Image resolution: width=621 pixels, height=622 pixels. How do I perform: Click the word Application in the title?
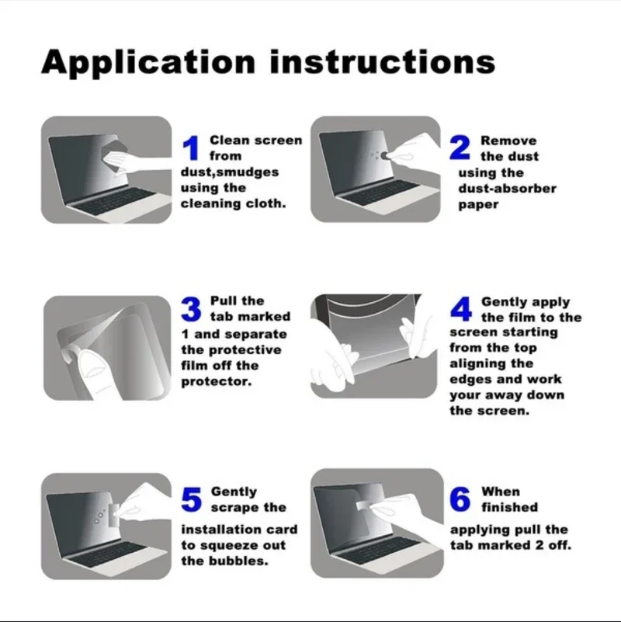[x=148, y=63]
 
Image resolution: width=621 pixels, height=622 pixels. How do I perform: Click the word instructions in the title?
[x=383, y=61]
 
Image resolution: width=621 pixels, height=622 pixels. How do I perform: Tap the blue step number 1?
[x=191, y=148]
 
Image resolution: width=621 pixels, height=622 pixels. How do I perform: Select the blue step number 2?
[x=460, y=148]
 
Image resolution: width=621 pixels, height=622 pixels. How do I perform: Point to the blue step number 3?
[x=191, y=309]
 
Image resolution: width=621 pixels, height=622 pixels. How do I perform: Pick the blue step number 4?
[x=461, y=309]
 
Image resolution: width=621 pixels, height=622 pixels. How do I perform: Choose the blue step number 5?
[x=192, y=499]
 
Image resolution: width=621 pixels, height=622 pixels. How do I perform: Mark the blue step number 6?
[x=460, y=499]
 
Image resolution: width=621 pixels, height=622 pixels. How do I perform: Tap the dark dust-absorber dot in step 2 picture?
[x=384, y=155]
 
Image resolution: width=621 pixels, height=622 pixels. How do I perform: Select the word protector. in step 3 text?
[x=217, y=382]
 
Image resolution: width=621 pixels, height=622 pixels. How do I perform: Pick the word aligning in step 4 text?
[x=491, y=364]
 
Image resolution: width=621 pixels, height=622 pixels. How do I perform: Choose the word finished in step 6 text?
[x=509, y=507]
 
